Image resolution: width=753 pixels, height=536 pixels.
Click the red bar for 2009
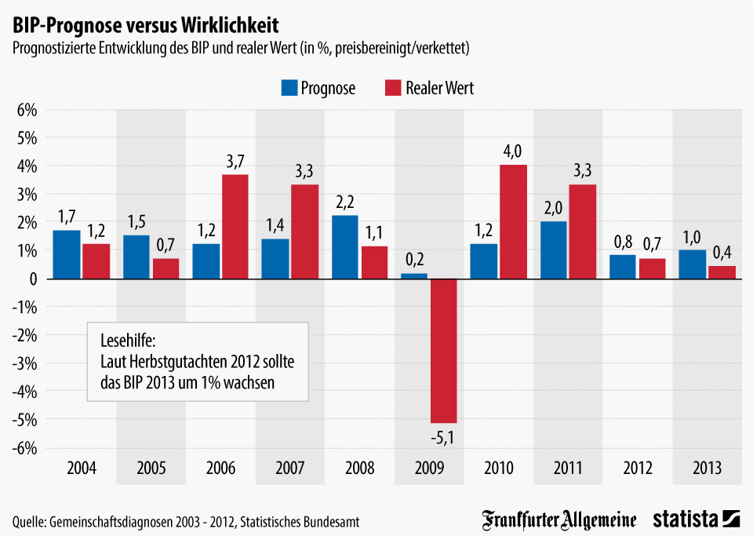[x=443, y=350]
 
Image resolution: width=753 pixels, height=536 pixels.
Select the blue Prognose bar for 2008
[x=345, y=247]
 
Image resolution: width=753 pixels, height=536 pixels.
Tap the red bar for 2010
[x=513, y=222]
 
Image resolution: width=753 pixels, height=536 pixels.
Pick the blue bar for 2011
[x=553, y=250]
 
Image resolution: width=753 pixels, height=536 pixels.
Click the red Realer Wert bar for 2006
[x=235, y=226]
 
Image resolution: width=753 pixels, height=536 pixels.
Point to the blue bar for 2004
[x=67, y=254]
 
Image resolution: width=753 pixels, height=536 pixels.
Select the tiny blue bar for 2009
[x=414, y=275]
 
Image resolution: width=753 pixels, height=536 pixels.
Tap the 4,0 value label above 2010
[x=513, y=151]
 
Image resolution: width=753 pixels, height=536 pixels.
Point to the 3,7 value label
[x=235, y=160]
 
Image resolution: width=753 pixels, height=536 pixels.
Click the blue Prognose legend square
[x=289, y=87]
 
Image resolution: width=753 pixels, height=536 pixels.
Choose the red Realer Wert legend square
[x=393, y=87]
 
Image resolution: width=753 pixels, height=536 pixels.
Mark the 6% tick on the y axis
[x=27, y=110]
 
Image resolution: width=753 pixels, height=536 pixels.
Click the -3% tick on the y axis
[x=26, y=363]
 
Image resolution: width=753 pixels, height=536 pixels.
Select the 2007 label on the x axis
[x=290, y=469]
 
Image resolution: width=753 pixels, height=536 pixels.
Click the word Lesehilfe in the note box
[x=129, y=342]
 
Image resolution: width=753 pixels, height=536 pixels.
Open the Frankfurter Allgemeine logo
[x=560, y=519]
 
